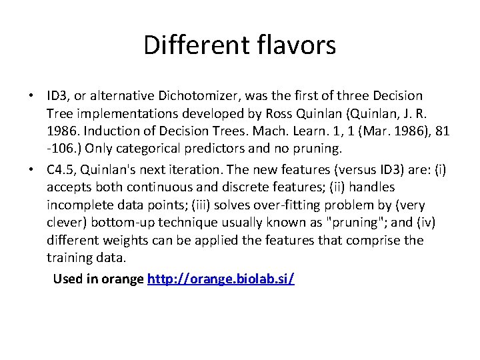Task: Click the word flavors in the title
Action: (x=295, y=45)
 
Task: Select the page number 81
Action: (x=443, y=131)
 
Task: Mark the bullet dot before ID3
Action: (x=31, y=97)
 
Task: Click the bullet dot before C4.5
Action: (x=31, y=171)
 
